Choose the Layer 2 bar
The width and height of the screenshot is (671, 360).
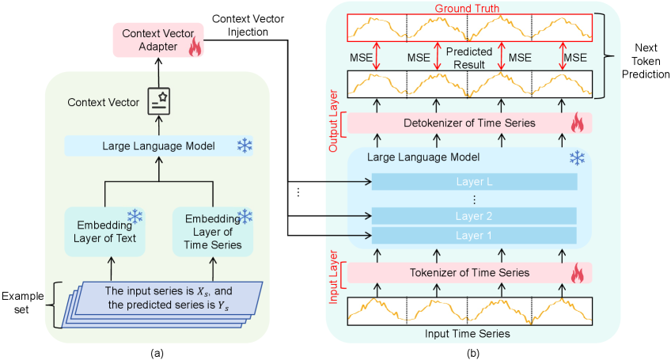(474, 216)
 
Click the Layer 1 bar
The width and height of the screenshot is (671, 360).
(474, 235)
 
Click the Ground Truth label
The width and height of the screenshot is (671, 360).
(470, 8)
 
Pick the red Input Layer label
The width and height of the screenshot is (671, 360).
(332, 274)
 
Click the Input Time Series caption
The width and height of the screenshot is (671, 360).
(470, 334)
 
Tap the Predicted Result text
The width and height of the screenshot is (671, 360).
(470, 57)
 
